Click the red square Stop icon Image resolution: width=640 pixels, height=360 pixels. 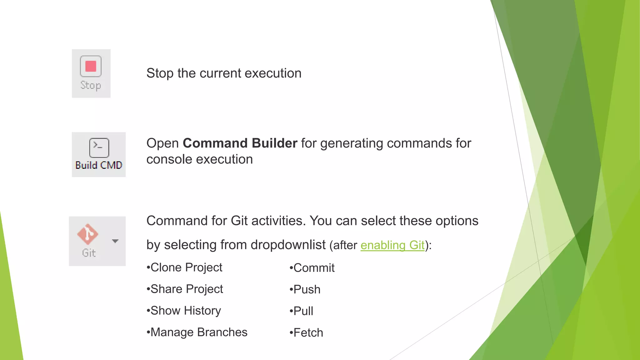[x=91, y=66]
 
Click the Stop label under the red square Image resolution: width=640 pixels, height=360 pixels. [x=91, y=85]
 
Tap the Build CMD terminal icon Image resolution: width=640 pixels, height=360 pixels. [x=99, y=147]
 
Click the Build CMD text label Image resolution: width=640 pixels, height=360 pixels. [x=99, y=165]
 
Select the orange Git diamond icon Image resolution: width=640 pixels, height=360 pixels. [x=87, y=234]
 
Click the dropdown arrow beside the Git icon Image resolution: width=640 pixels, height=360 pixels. [x=115, y=241]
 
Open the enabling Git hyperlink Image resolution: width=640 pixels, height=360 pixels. [x=392, y=245]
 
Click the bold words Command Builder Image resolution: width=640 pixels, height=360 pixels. [x=240, y=143]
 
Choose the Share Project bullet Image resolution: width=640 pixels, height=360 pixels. [x=185, y=289]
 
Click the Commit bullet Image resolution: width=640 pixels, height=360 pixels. [x=312, y=268]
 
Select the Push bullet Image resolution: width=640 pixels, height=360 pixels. [x=305, y=289]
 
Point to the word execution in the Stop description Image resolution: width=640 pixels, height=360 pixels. [x=273, y=73]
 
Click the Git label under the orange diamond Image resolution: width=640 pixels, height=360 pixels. [x=89, y=253]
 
